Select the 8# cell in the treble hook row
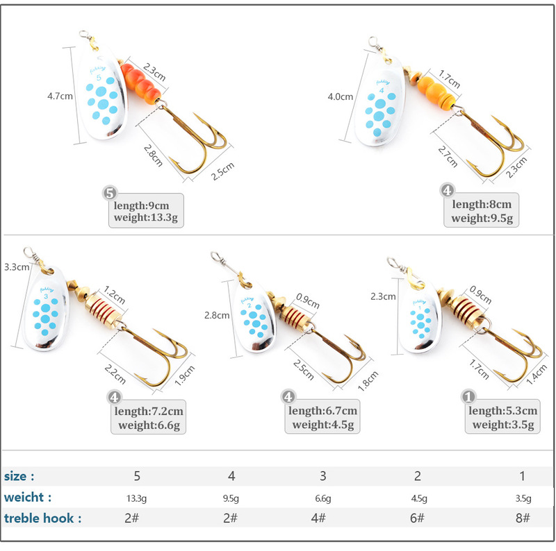523,518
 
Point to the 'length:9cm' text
142,205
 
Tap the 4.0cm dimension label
341,97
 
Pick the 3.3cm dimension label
17,266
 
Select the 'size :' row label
19,476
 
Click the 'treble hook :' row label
42,518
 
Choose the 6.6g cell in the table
322,498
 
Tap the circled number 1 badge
469,398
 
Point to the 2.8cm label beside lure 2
216,315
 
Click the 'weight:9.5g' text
482,219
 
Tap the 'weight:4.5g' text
324,425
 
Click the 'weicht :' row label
27,497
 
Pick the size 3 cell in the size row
322,476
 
